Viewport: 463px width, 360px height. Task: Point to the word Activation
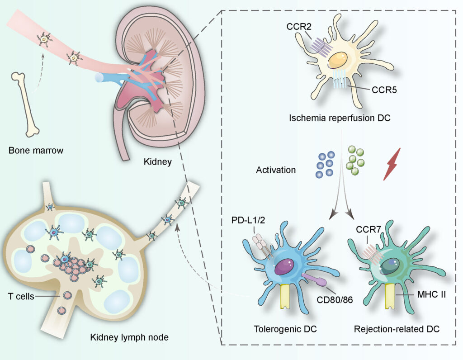(276, 171)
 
